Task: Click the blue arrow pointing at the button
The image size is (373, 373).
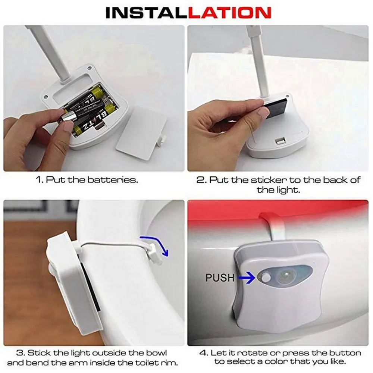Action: (246, 277)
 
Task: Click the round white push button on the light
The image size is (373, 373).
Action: (265, 277)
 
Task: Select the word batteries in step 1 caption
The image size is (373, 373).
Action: (113, 180)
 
